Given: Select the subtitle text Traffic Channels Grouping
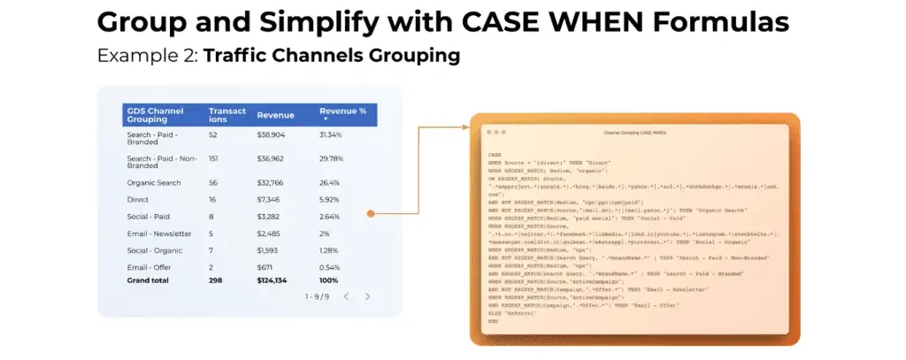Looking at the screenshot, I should point(332,56).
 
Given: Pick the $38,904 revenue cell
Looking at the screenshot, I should point(272,135).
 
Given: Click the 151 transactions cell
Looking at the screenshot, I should point(213,158).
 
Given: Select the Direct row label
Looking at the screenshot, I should point(139,200).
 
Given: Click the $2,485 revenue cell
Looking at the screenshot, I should point(270,234).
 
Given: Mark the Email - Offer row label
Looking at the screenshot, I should point(149,267).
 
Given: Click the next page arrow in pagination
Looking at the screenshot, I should point(368,296).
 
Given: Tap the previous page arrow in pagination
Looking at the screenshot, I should point(346,296).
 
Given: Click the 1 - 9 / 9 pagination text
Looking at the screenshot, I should point(317,296).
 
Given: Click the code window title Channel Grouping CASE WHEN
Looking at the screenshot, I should point(634,132).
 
